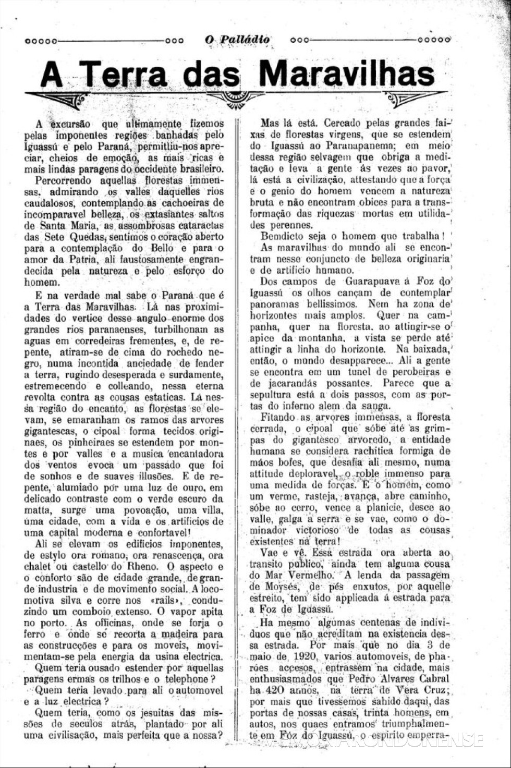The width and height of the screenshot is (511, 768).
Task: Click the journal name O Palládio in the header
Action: click(x=238, y=39)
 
